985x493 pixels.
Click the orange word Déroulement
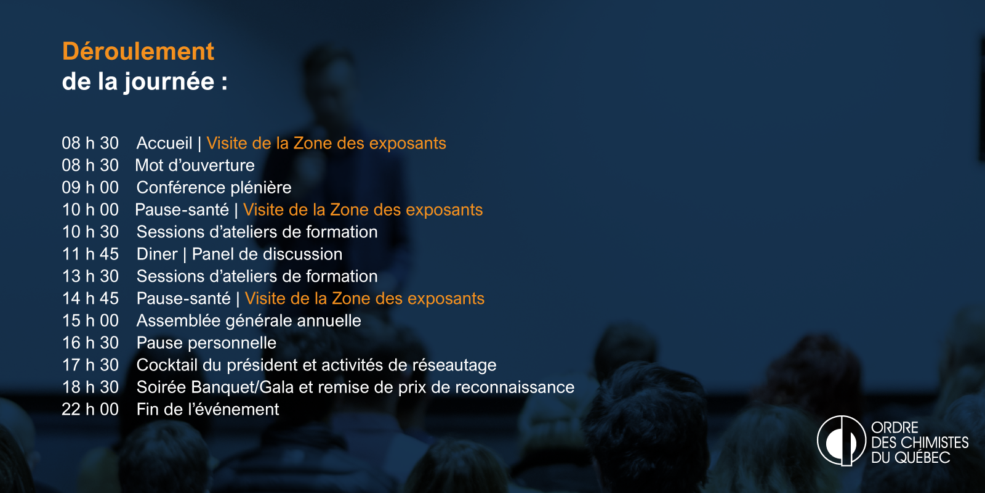pyautogui.click(x=138, y=51)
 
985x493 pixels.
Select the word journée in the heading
pyautogui.click(x=169, y=83)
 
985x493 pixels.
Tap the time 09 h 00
pyautogui.click(x=90, y=187)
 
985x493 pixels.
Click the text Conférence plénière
pyautogui.click(x=214, y=187)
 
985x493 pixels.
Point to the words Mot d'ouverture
pyautogui.click(x=195, y=166)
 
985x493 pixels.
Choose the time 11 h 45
pyautogui.click(x=90, y=254)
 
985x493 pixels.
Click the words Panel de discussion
pyautogui.click(x=267, y=254)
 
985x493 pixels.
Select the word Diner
pyautogui.click(x=157, y=254)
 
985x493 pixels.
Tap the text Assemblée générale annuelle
pyautogui.click(x=249, y=321)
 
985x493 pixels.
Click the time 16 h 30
pyautogui.click(x=90, y=343)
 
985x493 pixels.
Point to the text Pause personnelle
pyautogui.click(x=206, y=343)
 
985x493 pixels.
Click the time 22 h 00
pyautogui.click(x=90, y=409)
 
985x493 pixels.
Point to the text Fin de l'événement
pyautogui.click(x=207, y=409)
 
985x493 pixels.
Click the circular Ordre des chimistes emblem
pyautogui.click(x=841, y=441)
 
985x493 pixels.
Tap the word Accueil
pyautogui.click(x=164, y=143)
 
